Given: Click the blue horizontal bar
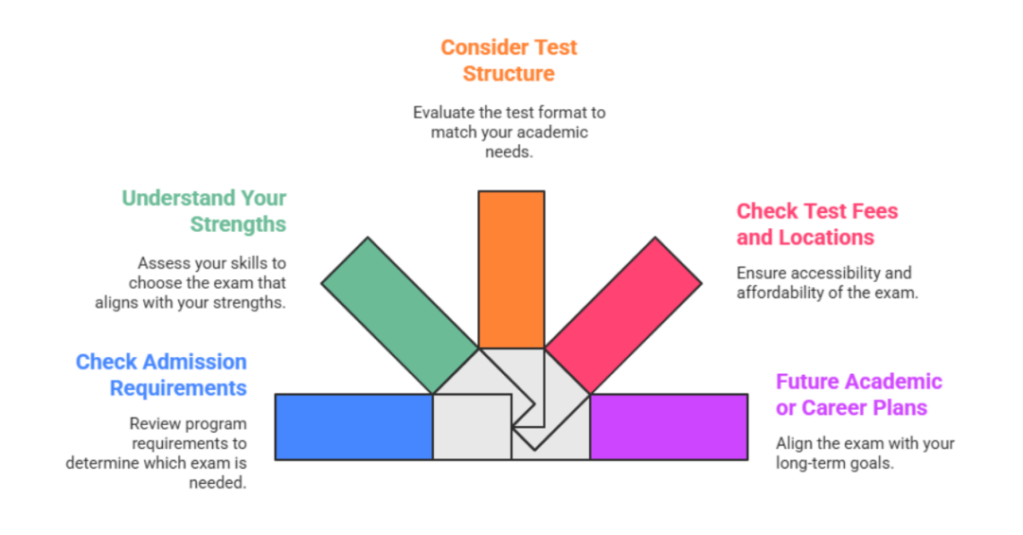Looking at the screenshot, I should coord(353,427).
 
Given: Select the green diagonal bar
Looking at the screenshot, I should coord(398,312).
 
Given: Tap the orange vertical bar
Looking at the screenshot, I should coord(511,270).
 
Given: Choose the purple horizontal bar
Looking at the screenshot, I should coord(669,427).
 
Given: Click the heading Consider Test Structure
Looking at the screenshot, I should coord(509,60).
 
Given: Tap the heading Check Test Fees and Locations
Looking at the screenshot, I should coord(817,224).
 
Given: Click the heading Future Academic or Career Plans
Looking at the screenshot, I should coord(858,395).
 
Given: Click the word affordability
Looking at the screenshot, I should coord(779,293).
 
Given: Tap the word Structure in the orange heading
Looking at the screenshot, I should coord(509,73).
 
